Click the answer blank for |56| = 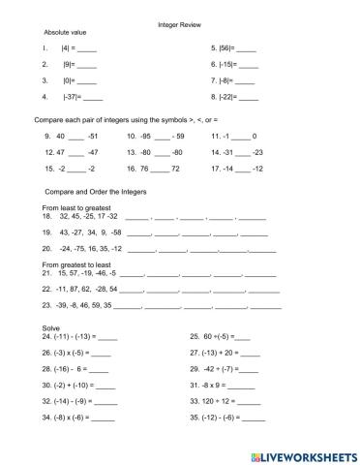[246, 48]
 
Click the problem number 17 [215, 169]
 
